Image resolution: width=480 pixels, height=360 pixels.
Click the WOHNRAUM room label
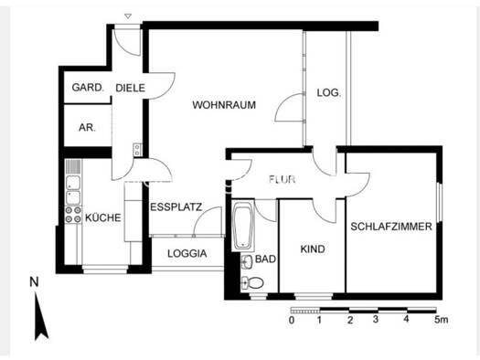[x=224, y=105]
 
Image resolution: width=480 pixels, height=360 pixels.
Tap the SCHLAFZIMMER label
[x=391, y=226]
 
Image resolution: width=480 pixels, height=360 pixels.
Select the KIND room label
[x=313, y=248]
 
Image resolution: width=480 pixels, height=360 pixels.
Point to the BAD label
[x=265, y=259]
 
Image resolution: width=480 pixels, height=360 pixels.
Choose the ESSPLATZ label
[x=176, y=206]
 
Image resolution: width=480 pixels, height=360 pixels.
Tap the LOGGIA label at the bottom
[x=187, y=253]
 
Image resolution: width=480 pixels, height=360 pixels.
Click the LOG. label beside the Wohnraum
[x=328, y=93]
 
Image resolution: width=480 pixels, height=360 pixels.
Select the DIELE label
[x=131, y=89]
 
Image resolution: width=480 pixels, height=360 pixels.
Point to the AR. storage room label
[x=88, y=127]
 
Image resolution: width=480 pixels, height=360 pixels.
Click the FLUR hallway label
[x=283, y=179]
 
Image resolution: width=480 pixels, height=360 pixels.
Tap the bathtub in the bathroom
[x=244, y=228]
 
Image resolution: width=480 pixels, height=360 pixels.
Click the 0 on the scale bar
[x=292, y=321]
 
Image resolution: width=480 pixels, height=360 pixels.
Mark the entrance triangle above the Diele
[x=128, y=16]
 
